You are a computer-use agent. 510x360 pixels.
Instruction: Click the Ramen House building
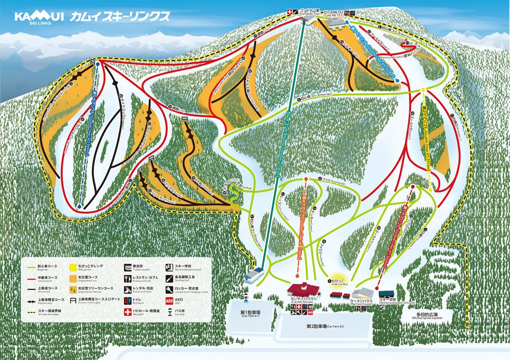(x=363, y=293)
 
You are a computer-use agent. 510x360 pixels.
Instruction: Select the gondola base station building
(x=253, y=277)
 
